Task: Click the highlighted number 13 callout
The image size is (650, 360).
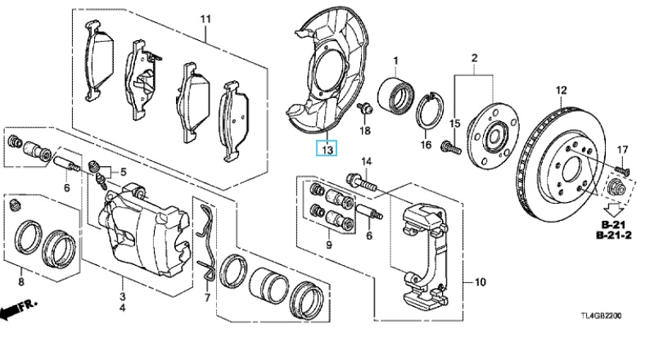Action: point(327,148)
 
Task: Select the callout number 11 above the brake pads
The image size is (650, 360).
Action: point(205,19)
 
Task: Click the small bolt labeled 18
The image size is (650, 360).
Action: point(365,108)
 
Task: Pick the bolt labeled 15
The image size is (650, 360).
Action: point(451,146)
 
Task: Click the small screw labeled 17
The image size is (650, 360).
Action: point(621,169)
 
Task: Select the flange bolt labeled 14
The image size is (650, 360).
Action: point(361,182)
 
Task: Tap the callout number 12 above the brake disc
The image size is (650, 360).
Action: point(561,90)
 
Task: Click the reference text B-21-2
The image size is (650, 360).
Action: point(614,236)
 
